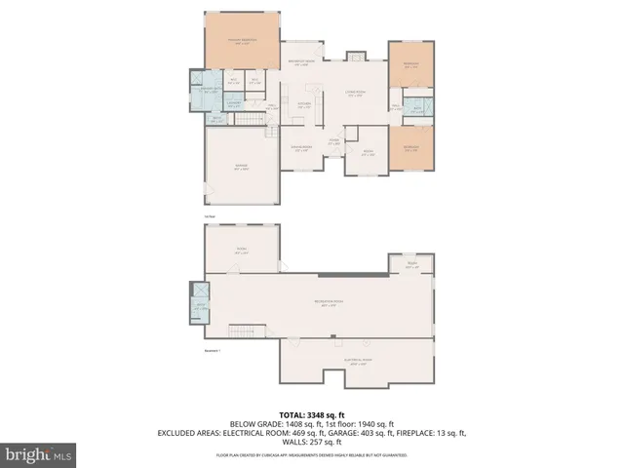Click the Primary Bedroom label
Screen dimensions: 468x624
pyautogui.click(x=241, y=41)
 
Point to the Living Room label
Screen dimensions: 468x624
pyautogui.click(x=357, y=94)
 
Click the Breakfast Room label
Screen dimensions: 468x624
pyautogui.click(x=303, y=63)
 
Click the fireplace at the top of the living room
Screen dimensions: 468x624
pyautogui.click(x=357, y=57)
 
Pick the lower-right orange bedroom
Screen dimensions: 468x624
pyautogui.click(x=411, y=149)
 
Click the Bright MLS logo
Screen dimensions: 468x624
pyautogui.click(x=39, y=454)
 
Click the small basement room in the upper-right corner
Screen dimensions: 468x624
pyautogui.click(x=410, y=263)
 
